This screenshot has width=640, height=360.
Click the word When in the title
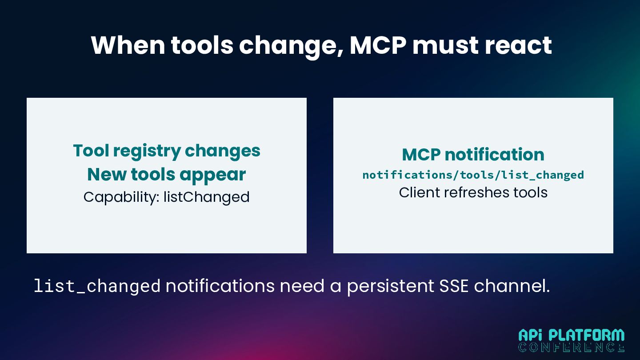(x=128, y=45)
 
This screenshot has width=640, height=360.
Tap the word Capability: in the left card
(x=121, y=197)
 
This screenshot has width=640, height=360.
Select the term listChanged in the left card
(x=206, y=197)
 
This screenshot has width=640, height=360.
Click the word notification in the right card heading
(x=494, y=155)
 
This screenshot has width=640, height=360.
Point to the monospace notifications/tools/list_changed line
(x=473, y=175)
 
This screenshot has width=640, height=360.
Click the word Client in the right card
(x=419, y=192)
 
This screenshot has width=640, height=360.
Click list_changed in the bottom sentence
(x=97, y=286)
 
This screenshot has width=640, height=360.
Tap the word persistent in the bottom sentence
(x=391, y=286)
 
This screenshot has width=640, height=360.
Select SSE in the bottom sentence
(x=454, y=286)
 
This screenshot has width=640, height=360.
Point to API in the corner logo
(x=531, y=335)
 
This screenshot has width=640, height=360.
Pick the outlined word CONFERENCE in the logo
(x=572, y=347)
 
